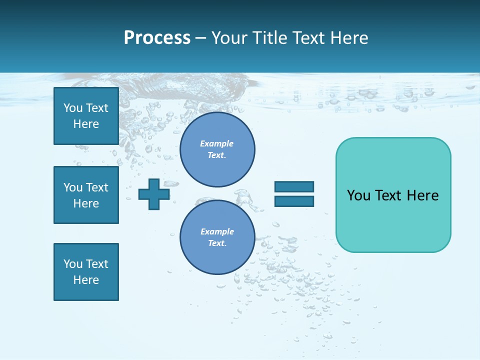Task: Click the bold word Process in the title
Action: [x=157, y=38]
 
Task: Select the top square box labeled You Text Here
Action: [x=86, y=116]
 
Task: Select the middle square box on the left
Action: [x=86, y=195]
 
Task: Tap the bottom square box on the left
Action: [x=86, y=272]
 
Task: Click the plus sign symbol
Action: [x=154, y=194]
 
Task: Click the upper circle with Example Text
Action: [x=217, y=149]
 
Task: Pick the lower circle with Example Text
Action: [x=217, y=237]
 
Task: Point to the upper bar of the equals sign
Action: [x=294, y=187]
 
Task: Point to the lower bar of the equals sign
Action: [x=294, y=201]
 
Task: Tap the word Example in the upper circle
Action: [x=217, y=143]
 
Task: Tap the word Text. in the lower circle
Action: [x=217, y=243]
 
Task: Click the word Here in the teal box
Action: [x=422, y=195]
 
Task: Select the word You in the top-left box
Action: [x=72, y=108]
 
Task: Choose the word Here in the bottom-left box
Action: [x=86, y=280]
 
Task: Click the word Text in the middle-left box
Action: [x=97, y=187]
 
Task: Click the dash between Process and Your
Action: [x=200, y=38]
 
